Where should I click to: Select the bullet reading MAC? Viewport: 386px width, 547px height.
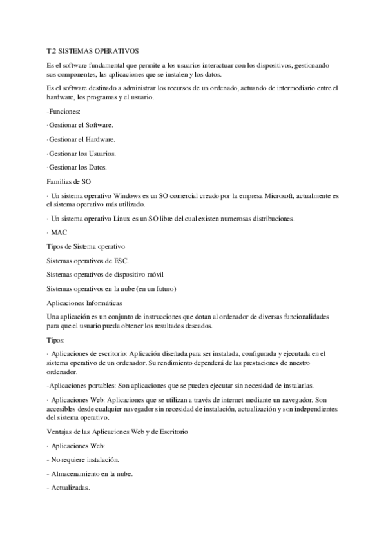click(x=59, y=232)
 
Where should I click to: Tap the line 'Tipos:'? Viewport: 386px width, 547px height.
click(x=58, y=339)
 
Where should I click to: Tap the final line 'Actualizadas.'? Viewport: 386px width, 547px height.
click(x=69, y=488)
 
